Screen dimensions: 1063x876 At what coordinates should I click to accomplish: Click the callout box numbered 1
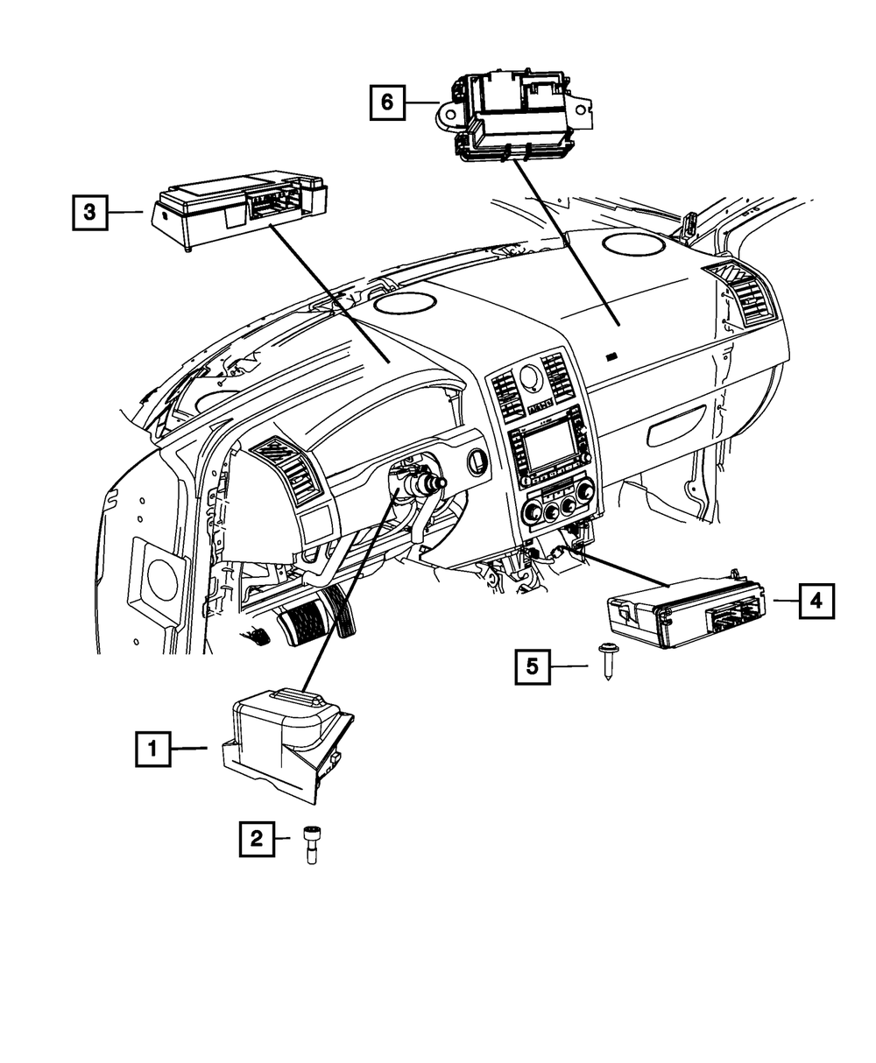tap(152, 749)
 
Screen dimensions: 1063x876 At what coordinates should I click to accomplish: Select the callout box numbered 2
tap(256, 839)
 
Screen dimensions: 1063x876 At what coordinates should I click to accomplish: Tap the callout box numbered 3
tap(89, 211)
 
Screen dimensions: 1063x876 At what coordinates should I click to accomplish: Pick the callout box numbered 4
tap(816, 601)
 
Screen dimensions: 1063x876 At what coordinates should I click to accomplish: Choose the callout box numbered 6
tap(386, 102)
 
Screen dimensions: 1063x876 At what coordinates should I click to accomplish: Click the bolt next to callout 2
tap(311, 845)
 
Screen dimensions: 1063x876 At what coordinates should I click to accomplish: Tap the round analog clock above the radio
tap(530, 377)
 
